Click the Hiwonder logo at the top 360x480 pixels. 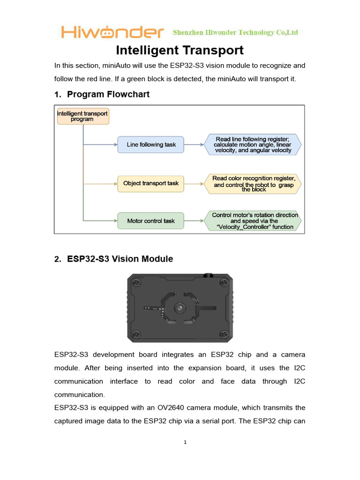[112, 32]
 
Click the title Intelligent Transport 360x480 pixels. [180, 50]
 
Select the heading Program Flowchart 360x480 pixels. [108, 94]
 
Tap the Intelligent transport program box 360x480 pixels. [82, 116]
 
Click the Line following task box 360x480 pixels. [151, 145]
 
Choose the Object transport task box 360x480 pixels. [151, 183]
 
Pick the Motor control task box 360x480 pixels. [151, 221]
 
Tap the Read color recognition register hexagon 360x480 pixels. [253, 183]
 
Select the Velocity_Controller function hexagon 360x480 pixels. [253, 221]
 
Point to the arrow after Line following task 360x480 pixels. [194, 145]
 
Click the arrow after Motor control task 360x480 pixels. [194, 221]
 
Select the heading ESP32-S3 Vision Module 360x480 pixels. [120, 259]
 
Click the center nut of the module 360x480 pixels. [180, 307]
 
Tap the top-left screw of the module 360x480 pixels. [136, 283]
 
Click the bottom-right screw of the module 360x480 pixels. [225, 334]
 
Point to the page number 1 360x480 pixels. [186, 442]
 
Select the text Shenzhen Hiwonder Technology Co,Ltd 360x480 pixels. [235, 32]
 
